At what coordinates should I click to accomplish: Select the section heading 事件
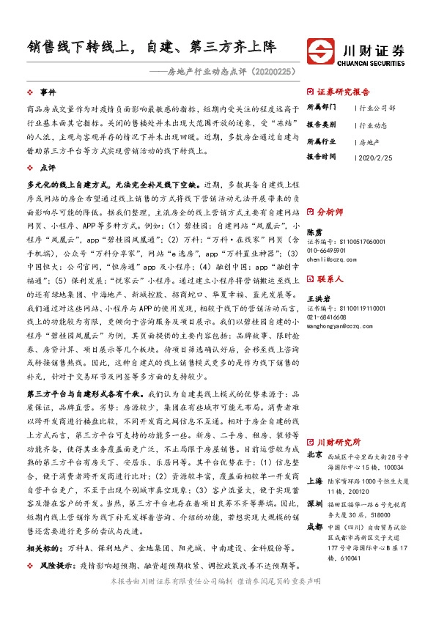pos(48,93)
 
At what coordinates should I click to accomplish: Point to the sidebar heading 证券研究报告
pos(344,92)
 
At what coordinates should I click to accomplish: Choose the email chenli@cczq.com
pos(330,259)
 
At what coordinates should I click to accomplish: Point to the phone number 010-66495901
pos(328,250)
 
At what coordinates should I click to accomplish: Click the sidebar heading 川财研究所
pos(339,443)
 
